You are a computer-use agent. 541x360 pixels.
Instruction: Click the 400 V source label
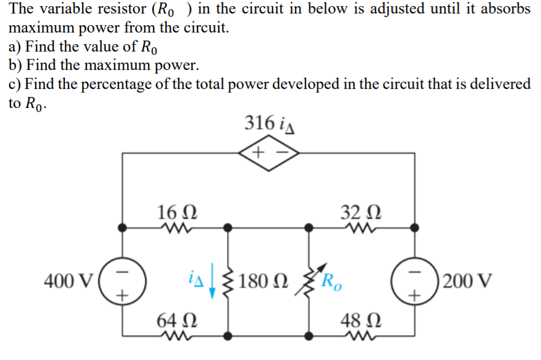68,282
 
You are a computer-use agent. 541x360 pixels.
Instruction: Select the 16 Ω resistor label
177,212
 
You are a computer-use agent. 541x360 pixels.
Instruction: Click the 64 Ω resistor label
177,320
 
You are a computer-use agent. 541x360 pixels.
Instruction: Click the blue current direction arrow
212,283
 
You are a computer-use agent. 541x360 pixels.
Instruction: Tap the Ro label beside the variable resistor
333,283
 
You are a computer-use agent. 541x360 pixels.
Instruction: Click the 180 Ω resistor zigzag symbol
229,282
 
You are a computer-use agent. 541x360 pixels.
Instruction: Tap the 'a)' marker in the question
15,47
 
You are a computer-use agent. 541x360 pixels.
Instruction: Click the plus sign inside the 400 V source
123,296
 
